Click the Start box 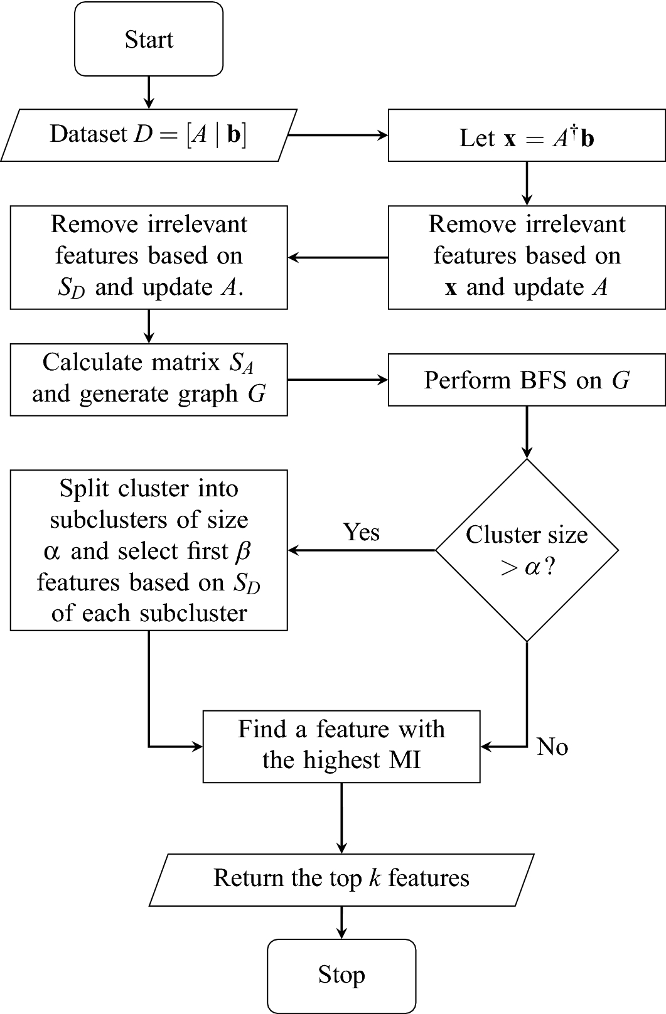click(149, 39)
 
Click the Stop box click(341, 975)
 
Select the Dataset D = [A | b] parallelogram click(149, 135)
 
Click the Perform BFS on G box click(527, 380)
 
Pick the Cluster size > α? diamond click(527, 550)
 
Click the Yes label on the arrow click(362, 532)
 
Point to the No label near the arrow click(552, 747)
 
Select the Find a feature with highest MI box click(341, 745)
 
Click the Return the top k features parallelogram click(341, 878)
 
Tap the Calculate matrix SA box click(149, 379)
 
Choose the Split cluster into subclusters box click(149, 550)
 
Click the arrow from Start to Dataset click(149, 92)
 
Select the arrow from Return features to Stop click(341, 922)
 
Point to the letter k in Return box click(374, 878)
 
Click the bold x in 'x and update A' click(451, 288)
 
